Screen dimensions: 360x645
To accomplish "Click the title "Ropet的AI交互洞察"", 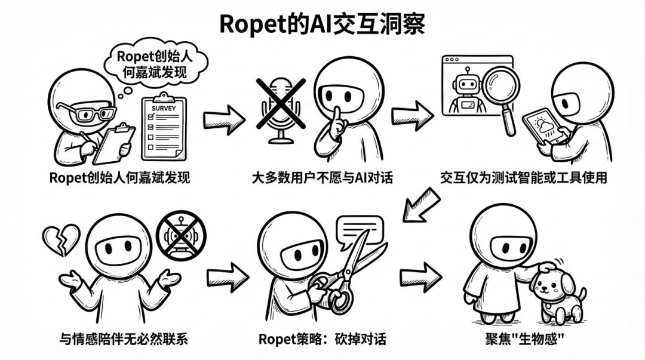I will click(322, 23).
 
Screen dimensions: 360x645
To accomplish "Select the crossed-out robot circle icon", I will click(180, 236).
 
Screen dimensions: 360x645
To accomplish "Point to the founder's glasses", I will click(87, 113).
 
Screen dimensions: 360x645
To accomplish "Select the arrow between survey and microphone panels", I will click(224, 120).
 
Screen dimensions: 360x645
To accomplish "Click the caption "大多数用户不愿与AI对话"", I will click(322, 177).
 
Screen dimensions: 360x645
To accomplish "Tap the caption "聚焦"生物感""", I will click(526, 339).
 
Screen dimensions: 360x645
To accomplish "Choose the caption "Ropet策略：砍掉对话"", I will click(322, 339).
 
